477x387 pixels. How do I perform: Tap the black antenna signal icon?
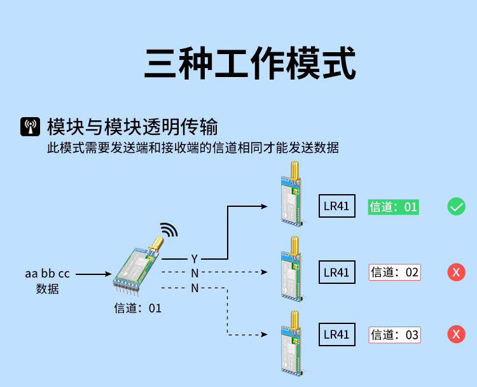click(30, 127)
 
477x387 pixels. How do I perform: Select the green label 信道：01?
click(393, 207)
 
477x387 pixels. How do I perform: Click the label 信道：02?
click(395, 272)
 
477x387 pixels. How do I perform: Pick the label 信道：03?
click(395, 335)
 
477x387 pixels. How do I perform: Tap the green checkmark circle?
click(456, 206)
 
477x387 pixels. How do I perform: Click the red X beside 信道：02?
click(456, 272)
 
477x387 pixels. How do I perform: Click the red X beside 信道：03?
click(456, 334)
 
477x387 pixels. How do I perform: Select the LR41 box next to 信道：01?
click(337, 207)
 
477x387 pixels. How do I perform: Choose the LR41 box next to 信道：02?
click(337, 272)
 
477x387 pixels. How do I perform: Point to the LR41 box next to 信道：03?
click(337, 334)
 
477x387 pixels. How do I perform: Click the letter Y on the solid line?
click(195, 259)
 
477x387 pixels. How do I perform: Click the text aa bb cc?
click(48, 274)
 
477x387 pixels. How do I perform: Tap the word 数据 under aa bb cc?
click(48, 289)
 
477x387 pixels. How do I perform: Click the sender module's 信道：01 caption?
click(138, 309)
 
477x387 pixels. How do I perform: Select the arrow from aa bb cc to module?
click(93, 274)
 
